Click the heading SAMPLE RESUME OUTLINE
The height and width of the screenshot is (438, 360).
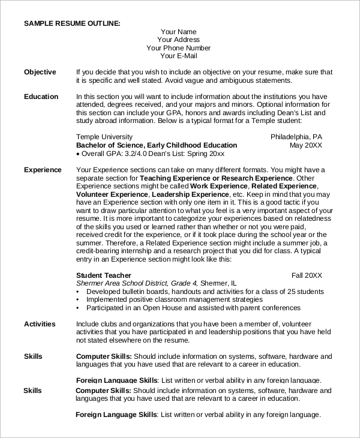click(72, 23)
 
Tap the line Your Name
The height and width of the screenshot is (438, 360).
click(178, 32)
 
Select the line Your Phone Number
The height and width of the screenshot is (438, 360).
click(178, 48)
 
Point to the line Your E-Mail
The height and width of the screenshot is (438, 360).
click(178, 56)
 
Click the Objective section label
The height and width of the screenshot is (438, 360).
click(40, 72)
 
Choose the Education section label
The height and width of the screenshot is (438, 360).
click(41, 97)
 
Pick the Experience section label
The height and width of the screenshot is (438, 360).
click(43, 170)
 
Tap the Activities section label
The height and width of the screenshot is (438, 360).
click(40, 324)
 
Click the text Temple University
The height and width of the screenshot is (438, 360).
click(106, 137)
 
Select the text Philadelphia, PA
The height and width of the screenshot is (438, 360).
click(296, 137)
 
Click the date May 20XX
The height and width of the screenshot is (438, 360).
click(306, 145)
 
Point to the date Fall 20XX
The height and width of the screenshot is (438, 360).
click(307, 275)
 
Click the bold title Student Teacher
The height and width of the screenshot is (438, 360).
click(104, 275)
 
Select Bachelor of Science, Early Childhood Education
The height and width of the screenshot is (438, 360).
click(157, 145)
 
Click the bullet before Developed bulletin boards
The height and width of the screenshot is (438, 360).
click(79, 292)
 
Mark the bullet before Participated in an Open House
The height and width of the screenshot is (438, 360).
click(79, 308)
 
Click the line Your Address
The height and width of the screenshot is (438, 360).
click(178, 40)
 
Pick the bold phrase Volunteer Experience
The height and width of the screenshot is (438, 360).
click(112, 194)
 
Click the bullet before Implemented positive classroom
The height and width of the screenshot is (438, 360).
click(79, 299)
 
